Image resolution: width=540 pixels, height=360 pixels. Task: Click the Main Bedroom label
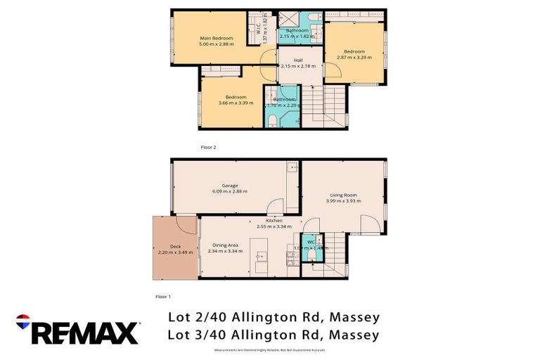(x=215, y=37)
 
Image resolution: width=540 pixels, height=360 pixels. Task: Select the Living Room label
(x=343, y=195)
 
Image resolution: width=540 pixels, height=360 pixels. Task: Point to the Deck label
(x=165, y=245)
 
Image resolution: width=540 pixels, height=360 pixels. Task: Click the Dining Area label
(x=225, y=245)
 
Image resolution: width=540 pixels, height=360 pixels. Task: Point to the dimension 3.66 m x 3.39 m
(x=236, y=103)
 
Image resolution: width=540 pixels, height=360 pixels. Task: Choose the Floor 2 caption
(x=209, y=147)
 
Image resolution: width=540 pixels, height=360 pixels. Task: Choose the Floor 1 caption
(x=162, y=297)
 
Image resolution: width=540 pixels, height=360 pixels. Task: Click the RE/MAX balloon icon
(x=23, y=321)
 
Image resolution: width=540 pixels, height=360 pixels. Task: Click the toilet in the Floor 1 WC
(x=311, y=255)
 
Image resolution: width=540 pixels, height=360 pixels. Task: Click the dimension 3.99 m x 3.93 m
(x=343, y=201)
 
